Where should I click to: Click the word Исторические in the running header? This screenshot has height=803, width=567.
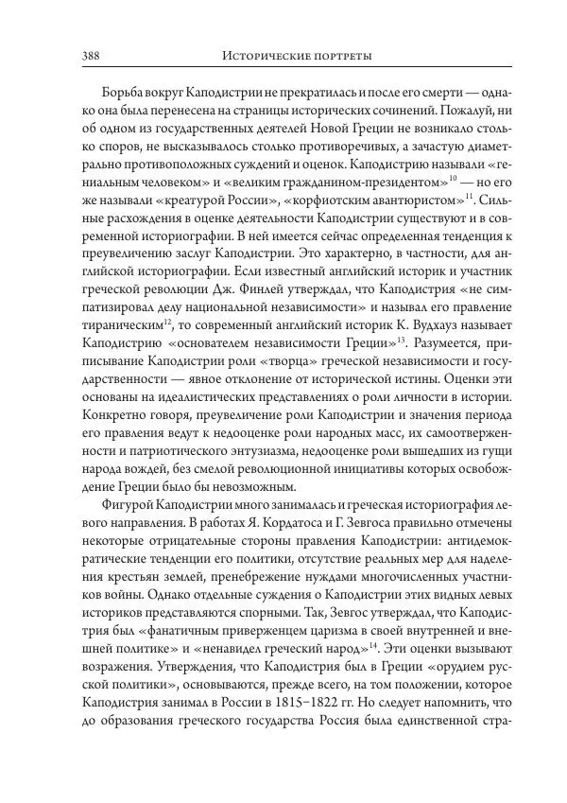[x=267, y=57]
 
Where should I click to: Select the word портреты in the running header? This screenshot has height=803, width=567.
[x=342, y=57]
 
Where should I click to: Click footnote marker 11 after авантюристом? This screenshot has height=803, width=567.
[x=469, y=197]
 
